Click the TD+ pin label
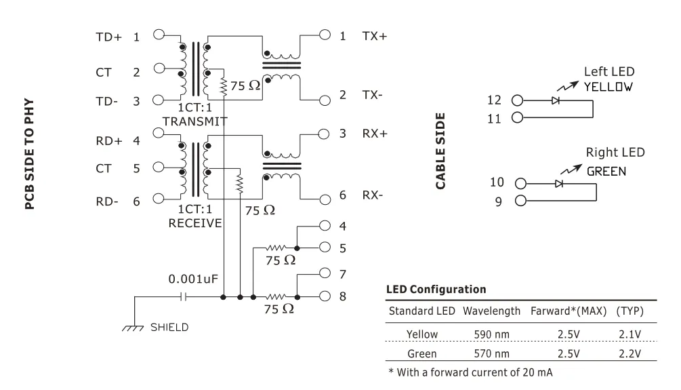tap(108, 37)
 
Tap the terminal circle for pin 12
tap(517, 100)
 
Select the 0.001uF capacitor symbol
tap(184, 297)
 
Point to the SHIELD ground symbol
tap(133, 328)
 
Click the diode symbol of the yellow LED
tap(556, 100)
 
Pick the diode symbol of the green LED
tap(559, 184)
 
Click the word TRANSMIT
tap(195, 121)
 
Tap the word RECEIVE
tap(195, 223)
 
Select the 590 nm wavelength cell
tap(492, 334)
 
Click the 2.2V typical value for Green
tap(630, 354)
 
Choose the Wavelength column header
tap(492, 311)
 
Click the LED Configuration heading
tap(436, 290)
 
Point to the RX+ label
tap(374, 134)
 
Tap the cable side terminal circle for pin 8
tap(325, 296)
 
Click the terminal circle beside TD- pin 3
tap(158, 100)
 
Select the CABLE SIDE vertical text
tap(440, 151)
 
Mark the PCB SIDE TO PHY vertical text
tap(29, 154)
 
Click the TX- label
tap(372, 95)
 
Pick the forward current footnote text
tap(470, 372)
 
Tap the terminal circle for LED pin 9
tap(520, 201)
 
